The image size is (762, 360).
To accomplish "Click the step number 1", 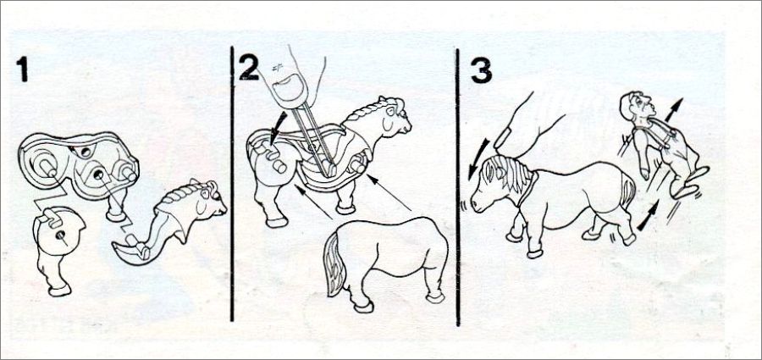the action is (x=22, y=69).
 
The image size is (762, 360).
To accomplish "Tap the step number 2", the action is (x=249, y=67).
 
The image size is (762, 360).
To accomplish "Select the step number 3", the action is (x=481, y=70).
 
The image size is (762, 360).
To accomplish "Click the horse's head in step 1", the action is (x=208, y=197).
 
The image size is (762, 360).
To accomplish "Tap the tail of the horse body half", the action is (x=334, y=263).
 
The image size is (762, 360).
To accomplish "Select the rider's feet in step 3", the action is (x=690, y=182).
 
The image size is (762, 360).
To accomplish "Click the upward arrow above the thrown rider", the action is (x=674, y=110).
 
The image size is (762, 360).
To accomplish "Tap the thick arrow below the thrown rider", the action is (x=648, y=214).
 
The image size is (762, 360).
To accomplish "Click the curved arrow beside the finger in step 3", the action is (x=479, y=158).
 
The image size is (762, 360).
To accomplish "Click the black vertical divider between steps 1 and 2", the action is (x=232, y=184).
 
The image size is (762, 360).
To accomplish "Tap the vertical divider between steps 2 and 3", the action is (x=457, y=187).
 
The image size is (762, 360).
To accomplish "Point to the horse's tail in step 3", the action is (x=628, y=192).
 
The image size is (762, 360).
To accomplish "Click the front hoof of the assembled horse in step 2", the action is (x=345, y=209).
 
